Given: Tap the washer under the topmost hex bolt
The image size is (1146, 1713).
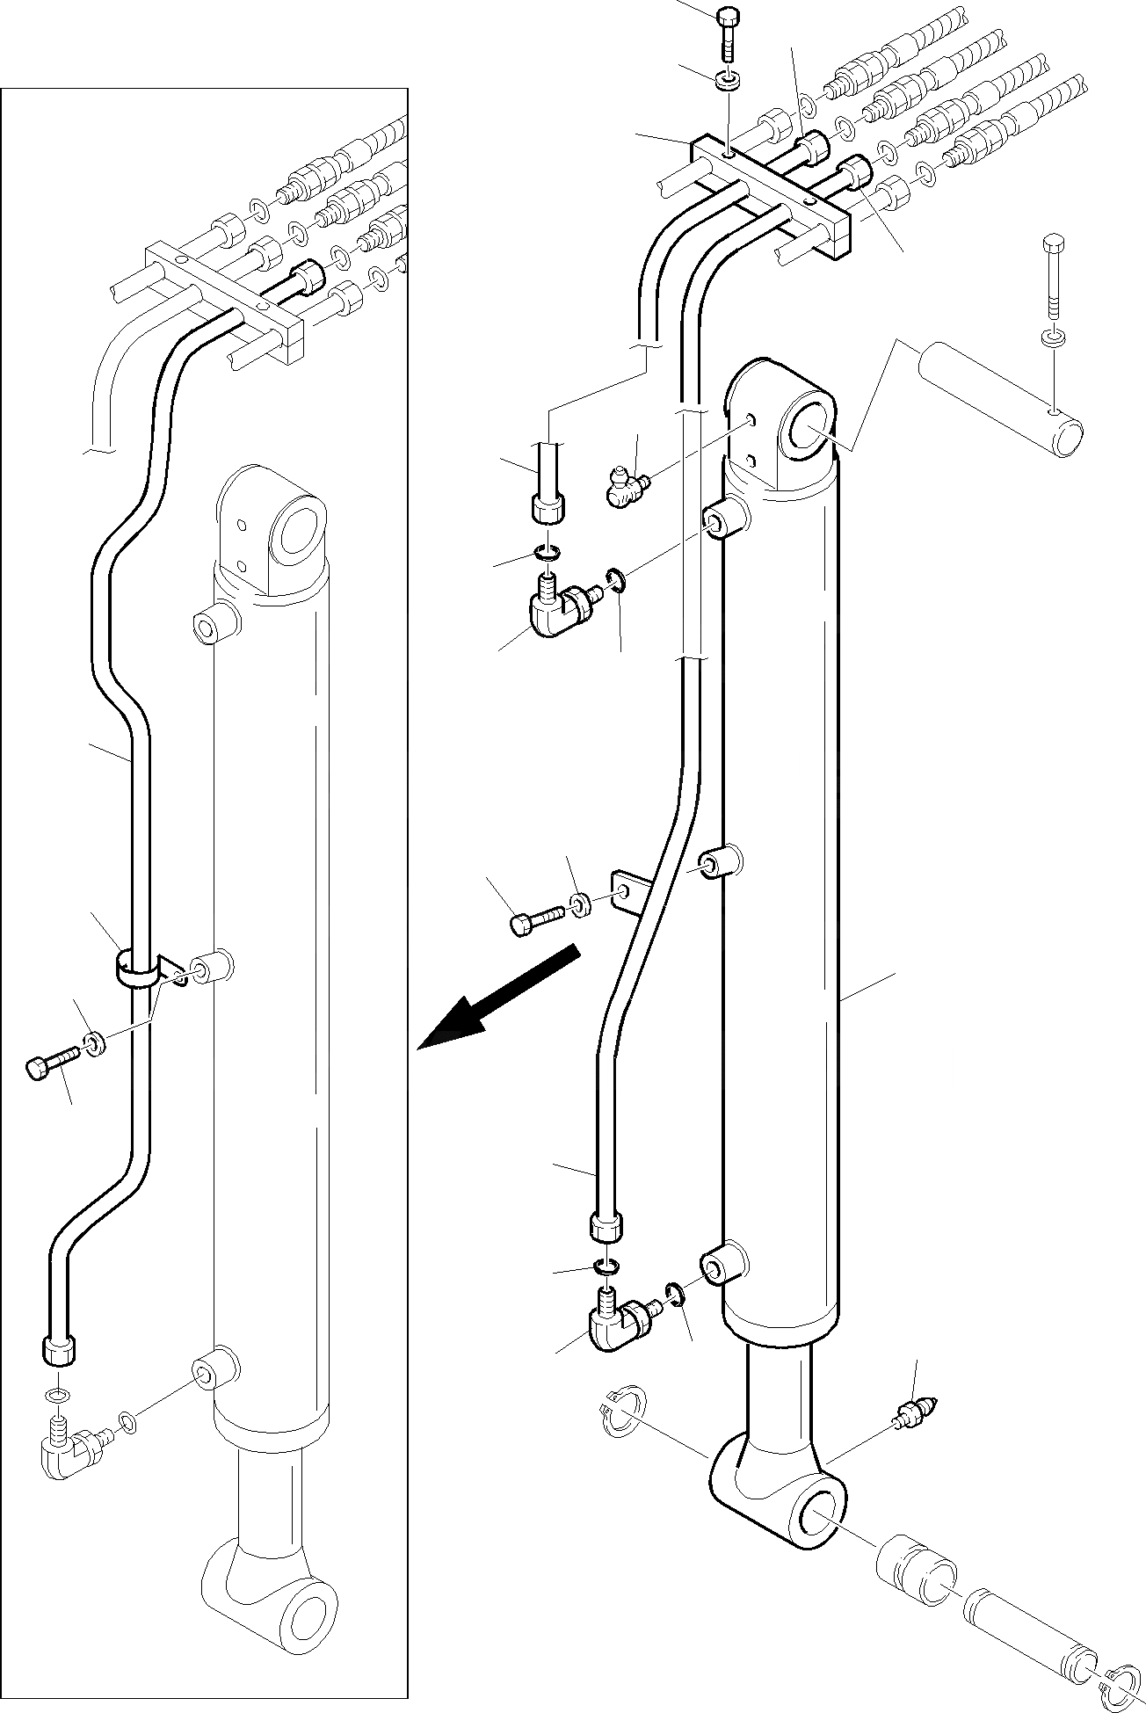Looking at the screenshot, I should click(x=727, y=81).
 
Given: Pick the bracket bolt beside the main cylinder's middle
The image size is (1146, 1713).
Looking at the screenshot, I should click(x=537, y=918).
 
